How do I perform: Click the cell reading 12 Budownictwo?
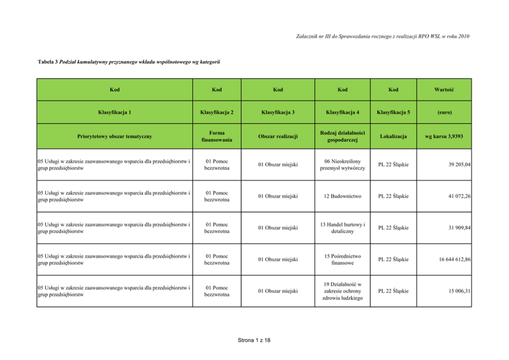pyautogui.click(x=342, y=196)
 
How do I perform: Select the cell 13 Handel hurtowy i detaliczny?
pyautogui.click(x=342, y=228)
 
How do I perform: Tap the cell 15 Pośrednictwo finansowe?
pyautogui.click(x=342, y=259)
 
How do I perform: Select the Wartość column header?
pyautogui.click(x=445, y=90)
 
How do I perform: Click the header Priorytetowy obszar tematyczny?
pyautogui.click(x=114, y=137)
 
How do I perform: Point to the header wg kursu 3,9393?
pyautogui.click(x=445, y=137)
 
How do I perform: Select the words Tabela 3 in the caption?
pyautogui.click(x=48, y=62)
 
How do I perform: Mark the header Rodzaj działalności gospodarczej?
pyautogui.click(x=342, y=136)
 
